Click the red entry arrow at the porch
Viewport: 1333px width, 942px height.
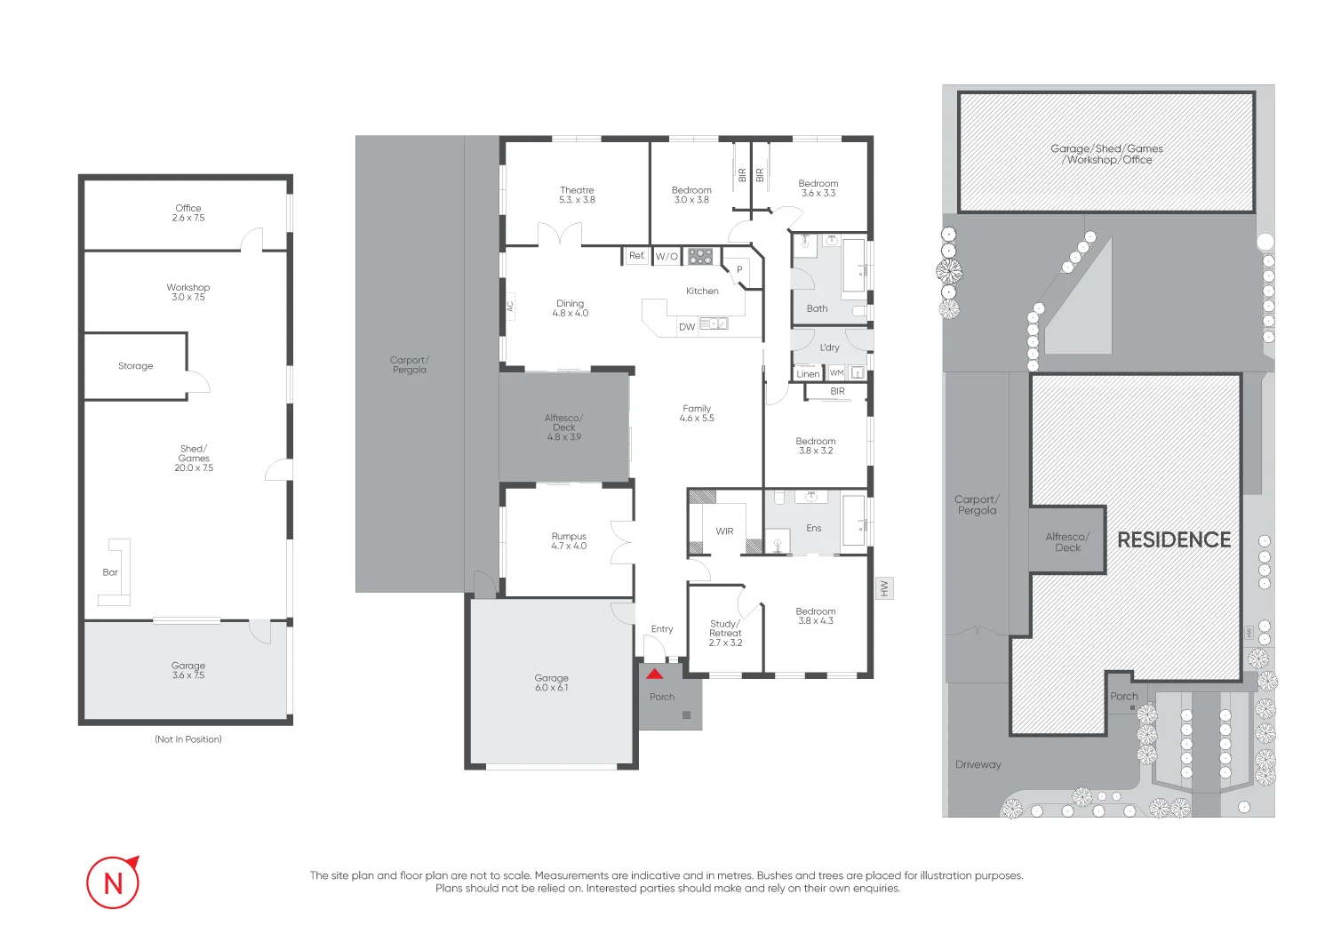655,675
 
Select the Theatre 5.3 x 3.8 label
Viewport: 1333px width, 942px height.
577,196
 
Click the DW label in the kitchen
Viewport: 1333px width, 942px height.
687,327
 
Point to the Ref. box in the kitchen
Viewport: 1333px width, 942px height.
637,256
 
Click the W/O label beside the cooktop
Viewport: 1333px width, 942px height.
666,257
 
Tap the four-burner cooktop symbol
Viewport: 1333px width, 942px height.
700,257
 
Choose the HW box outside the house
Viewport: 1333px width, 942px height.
884,588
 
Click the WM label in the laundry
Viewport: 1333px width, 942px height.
837,373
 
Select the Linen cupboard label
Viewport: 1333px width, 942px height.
808,374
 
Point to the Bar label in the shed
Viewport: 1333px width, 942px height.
110,572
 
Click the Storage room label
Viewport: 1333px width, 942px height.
136,366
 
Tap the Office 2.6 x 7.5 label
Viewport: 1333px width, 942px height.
188,213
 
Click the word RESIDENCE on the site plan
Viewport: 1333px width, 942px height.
1174,540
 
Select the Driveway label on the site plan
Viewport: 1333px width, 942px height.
978,764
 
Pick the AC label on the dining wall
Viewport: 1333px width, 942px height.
510,307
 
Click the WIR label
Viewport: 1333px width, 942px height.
724,531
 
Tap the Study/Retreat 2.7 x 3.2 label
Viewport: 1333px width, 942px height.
725,633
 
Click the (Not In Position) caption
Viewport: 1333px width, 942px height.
188,739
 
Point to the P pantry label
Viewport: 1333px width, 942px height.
739,269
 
